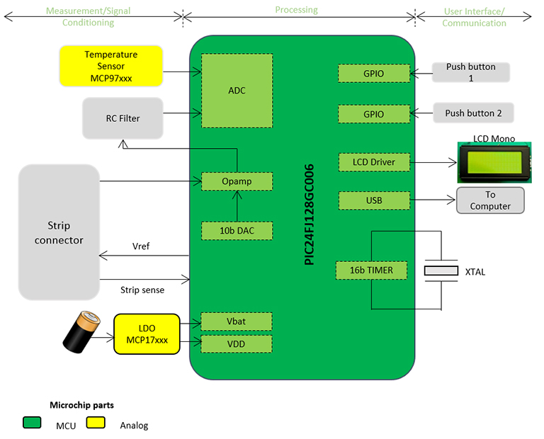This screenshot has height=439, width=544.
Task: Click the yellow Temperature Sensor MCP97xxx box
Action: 111,66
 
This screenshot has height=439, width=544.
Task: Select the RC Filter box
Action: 123,118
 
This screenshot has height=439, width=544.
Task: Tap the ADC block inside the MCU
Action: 237,91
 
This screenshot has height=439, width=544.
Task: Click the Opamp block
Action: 237,181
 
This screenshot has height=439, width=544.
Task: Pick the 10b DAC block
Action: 237,230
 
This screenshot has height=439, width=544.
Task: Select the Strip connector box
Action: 59,232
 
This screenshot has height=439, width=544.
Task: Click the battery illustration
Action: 84,334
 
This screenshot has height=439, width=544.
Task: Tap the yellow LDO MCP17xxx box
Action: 147,334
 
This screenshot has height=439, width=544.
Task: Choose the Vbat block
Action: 237,321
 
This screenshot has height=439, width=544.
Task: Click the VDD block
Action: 237,344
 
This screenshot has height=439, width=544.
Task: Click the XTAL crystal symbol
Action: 441,271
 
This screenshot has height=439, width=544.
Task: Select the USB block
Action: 374,200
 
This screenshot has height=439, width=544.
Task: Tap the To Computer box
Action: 490,200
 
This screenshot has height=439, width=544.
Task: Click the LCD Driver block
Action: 374,162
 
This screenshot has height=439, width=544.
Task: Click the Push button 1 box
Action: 471,72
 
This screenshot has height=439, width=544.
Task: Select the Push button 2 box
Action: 473,113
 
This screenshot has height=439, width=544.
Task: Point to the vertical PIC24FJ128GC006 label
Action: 309,214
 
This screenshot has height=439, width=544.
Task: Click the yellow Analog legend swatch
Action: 96,423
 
